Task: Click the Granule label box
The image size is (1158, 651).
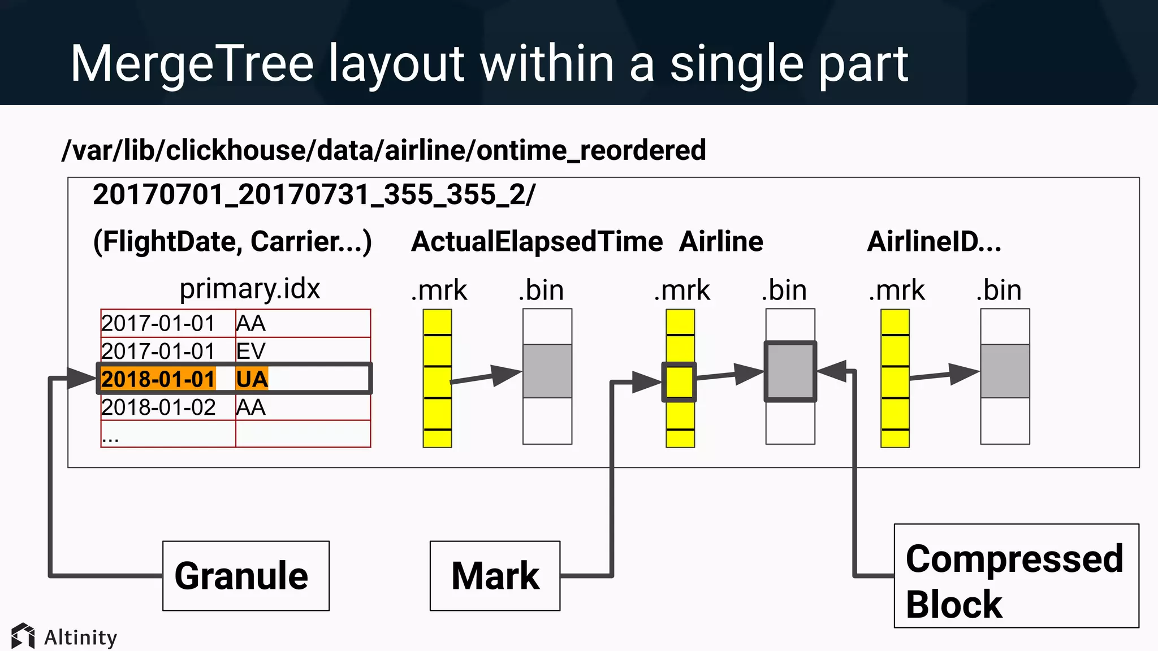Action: pos(245,575)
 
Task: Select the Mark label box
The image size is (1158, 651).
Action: pos(495,575)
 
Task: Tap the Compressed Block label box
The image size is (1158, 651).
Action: pos(1016,575)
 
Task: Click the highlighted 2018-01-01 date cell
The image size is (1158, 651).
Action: pos(158,379)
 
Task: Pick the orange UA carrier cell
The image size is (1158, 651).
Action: pos(252,379)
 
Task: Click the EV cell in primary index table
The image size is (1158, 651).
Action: pos(250,351)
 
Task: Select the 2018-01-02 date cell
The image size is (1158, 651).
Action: pos(158,407)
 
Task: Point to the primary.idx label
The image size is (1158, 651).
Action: pos(249,289)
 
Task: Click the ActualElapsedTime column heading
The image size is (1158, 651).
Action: pos(536,241)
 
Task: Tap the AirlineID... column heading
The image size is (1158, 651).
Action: pos(934,241)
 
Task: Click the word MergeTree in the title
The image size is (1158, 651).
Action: pos(192,63)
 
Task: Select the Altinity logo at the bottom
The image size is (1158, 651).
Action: pos(64,637)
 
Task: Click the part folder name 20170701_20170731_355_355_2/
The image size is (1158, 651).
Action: pos(314,194)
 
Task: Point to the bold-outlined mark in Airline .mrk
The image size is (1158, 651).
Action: pos(679,382)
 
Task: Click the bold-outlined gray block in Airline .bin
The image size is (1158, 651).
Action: pos(790,371)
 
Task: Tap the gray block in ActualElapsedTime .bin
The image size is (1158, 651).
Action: pos(547,371)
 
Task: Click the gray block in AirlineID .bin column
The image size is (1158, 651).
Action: pos(1005,371)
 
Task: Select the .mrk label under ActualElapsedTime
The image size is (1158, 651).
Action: pos(439,290)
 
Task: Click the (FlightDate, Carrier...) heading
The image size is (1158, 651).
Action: pos(232,241)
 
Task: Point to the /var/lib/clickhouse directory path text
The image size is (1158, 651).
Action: pos(383,150)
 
